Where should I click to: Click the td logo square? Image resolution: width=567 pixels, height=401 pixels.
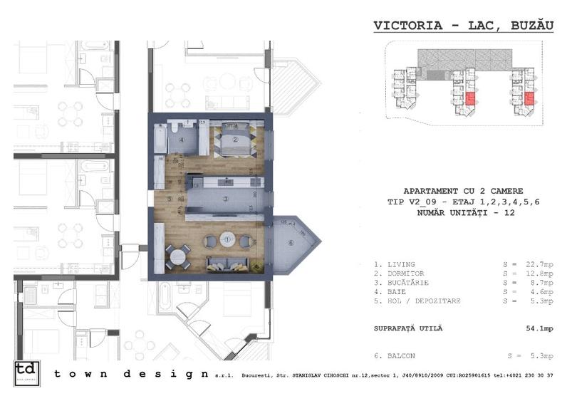pyautogui.click(x=27, y=373)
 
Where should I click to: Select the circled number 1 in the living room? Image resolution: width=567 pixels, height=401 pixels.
pyautogui.click(x=227, y=239)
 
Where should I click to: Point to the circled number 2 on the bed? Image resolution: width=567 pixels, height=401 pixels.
pyautogui.click(x=235, y=140)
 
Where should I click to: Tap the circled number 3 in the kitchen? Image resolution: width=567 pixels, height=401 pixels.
pyautogui.click(x=225, y=198)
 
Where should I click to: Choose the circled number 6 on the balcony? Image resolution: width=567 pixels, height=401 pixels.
pyautogui.click(x=291, y=244)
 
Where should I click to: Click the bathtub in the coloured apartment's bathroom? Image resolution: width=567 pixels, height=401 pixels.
pyautogui.click(x=160, y=139)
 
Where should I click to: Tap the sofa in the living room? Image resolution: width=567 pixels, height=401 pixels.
pyautogui.click(x=228, y=264)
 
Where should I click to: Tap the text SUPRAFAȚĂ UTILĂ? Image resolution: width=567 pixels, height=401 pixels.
pyautogui.click(x=408, y=328)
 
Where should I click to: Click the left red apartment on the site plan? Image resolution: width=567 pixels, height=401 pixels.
pyautogui.click(x=470, y=99)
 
